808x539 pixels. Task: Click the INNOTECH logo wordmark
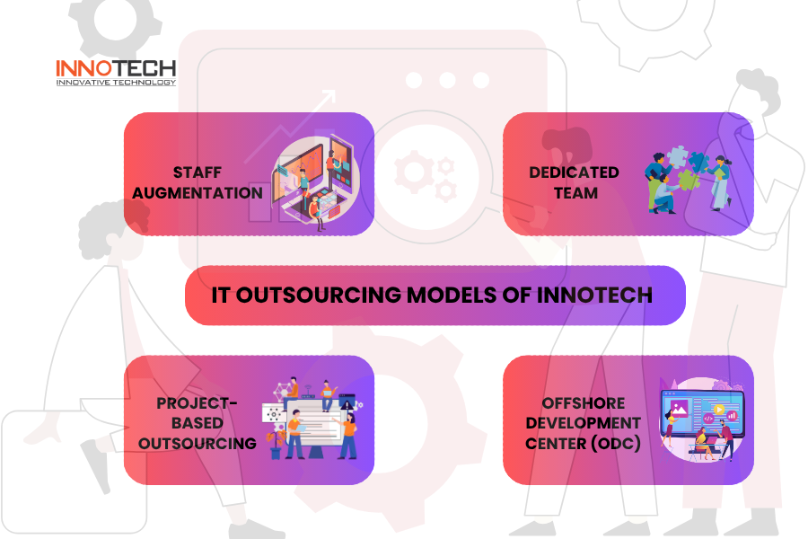point(116,68)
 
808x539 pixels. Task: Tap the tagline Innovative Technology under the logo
point(116,83)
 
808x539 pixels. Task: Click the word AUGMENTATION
point(198,193)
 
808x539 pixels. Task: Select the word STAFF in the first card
point(198,172)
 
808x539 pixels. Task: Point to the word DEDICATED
point(574,172)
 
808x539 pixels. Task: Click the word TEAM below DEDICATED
point(575,193)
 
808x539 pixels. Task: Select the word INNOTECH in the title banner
point(594,296)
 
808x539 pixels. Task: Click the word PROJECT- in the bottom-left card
point(197,402)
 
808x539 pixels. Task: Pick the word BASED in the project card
point(198,423)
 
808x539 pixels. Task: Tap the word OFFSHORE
point(584,402)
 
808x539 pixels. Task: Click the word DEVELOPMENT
point(584,423)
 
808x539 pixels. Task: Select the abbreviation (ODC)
point(615,444)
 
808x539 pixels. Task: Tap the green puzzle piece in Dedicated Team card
point(689,180)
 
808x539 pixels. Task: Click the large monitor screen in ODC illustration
point(702,413)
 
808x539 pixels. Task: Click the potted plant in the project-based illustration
point(276,444)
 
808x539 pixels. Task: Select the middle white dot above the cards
point(447,80)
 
